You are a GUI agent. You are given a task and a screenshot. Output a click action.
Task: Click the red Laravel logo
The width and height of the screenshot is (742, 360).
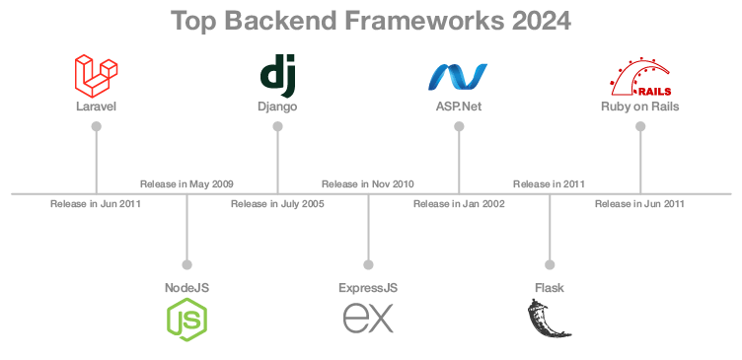pyautogui.click(x=96, y=75)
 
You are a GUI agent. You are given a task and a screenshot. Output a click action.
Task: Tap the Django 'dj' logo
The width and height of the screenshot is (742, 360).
pyautogui.click(x=277, y=75)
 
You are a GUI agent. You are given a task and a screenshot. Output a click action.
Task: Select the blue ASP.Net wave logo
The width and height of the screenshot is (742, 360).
pyautogui.click(x=458, y=76)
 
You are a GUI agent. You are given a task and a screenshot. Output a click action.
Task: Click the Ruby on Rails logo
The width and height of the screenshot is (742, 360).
pyautogui.click(x=639, y=76)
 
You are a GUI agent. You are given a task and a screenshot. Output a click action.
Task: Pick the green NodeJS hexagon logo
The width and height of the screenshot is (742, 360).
pyautogui.click(x=186, y=320)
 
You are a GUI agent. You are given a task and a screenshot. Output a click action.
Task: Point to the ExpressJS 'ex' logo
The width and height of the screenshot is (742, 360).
pyautogui.click(x=368, y=319)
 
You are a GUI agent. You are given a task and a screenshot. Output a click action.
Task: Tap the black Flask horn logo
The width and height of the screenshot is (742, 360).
pyautogui.click(x=550, y=319)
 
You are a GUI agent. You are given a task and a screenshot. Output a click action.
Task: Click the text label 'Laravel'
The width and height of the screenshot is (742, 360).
pyautogui.click(x=96, y=106)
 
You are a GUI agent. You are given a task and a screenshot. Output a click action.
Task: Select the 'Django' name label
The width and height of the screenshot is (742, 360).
pyautogui.click(x=277, y=106)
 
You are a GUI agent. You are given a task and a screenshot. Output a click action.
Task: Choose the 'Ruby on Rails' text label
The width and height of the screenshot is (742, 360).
pyautogui.click(x=639, y=106)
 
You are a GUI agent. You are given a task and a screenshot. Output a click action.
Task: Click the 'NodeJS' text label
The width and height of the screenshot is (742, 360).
pyautogui.click(x=186, y=287)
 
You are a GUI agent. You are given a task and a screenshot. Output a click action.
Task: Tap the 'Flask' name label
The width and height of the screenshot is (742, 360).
pyautogui.click(x=550, y=287)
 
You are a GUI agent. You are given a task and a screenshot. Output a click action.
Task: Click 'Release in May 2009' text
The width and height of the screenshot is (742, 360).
pyautogui.click(x=186, y=183)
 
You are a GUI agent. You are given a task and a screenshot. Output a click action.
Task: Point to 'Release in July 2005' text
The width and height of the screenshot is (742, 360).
pyautogui.click(x=277, y=204)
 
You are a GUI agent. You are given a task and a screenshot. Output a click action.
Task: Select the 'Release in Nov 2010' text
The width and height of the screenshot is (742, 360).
pyautogui.click(x=368, y=183)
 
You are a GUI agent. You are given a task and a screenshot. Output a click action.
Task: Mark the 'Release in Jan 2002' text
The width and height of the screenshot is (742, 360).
pyautogui.click(x=459, y=204)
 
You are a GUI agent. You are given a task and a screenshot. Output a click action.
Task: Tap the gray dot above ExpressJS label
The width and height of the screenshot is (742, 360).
pyautogui.click(x=368, y=264)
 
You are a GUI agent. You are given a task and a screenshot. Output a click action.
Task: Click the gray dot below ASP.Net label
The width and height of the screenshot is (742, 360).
pyautogui.click(x=459, y=126)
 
